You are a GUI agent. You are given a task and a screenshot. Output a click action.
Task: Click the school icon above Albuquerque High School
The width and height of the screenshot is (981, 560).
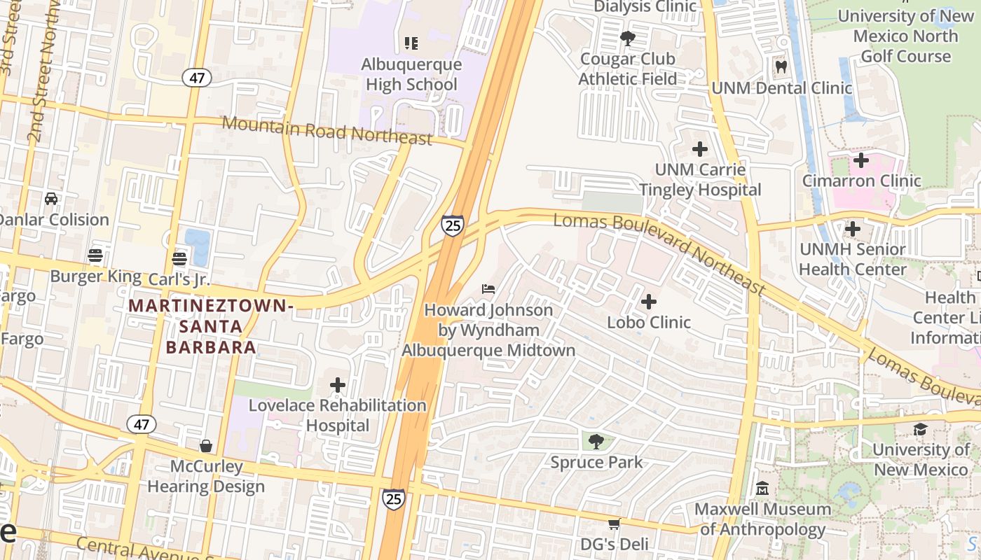[x=411, y=43]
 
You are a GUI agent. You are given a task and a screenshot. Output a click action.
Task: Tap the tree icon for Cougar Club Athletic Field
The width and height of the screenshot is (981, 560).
[x=627, y=38]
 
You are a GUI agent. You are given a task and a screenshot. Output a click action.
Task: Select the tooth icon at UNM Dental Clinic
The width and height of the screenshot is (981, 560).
[x=781, y=67]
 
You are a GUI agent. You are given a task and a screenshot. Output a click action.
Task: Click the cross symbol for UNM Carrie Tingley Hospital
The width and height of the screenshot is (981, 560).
[x=699, y=149]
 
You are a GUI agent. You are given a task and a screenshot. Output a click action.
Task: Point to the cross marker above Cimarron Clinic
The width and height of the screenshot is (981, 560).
[x=860, y=160]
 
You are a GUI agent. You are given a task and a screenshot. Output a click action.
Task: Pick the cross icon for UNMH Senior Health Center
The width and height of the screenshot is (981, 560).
[x=852, y=229]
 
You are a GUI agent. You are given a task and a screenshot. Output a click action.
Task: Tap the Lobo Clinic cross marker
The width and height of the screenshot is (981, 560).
[x=649, y=302]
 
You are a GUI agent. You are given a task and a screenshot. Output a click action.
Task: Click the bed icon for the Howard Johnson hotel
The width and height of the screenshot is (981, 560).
[x=488, y=289]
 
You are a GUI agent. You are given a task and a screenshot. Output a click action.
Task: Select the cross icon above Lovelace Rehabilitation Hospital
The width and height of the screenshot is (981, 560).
[x=338, y=385]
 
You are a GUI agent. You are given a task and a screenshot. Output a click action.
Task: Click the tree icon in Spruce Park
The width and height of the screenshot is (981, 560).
[x=596, y=442]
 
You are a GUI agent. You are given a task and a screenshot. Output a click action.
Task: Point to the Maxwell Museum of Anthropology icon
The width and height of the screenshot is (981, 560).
[x=762, y=488]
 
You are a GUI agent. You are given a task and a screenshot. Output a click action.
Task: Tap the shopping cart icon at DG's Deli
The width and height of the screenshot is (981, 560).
[x=614, y=524]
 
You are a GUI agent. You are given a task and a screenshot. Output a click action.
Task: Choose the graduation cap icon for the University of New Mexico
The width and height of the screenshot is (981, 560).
[x=920, y=428]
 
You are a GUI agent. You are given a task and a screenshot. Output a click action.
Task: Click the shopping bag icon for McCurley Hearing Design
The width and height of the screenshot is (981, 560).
[x=206, y=446]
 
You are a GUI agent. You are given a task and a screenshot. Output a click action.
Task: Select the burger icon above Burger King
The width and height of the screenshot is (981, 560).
[x=95, y=255]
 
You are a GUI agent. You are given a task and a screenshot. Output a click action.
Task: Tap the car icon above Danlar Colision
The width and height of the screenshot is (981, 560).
[x=51, y=199]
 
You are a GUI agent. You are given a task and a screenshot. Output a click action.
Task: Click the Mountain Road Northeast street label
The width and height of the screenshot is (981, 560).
[x=327, y=132]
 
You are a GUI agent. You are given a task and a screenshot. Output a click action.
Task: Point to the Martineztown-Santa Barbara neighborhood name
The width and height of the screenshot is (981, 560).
[x=210, y=326]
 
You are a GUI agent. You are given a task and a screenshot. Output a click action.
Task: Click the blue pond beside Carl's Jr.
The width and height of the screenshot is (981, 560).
[x=198, y=246]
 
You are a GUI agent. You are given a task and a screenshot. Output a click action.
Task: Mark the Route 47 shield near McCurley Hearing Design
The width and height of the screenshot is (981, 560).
[x=141, y=423]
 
